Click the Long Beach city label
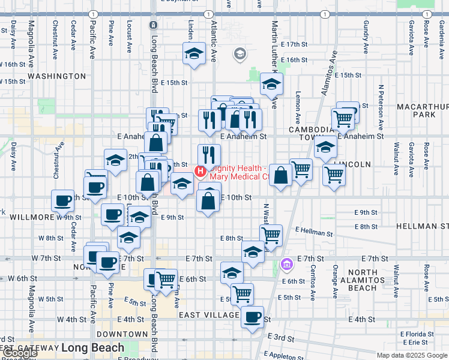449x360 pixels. click(92, 347)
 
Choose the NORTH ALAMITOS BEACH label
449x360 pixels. click(363, 280)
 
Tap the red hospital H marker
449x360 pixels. click(200, 172)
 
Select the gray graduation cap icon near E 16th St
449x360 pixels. click(240, 55)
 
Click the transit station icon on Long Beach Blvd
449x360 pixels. click(154, 25)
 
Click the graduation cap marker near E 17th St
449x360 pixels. click(194, 53)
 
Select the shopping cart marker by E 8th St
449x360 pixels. click(271, 234)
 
